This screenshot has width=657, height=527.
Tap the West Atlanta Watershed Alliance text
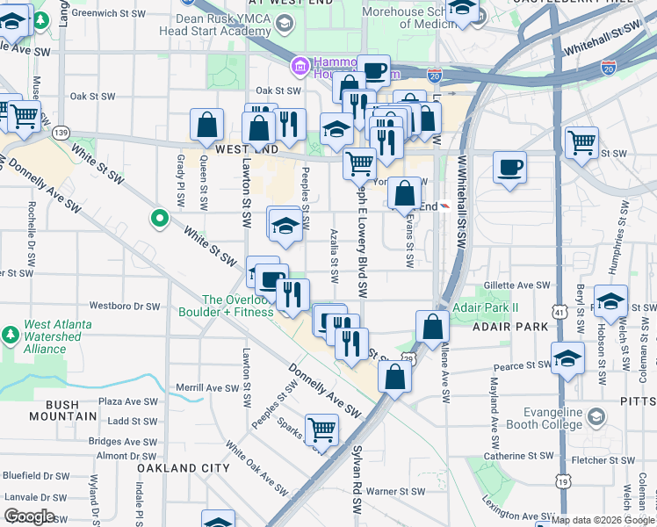coord(58,336)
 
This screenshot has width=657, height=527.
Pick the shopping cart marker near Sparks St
coord(322,429)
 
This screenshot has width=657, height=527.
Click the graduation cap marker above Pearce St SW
coord(568,357)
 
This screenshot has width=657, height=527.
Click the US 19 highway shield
coord(560,481)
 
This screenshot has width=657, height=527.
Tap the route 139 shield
coord(61,132)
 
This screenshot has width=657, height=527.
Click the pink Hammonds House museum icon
coord(299,65)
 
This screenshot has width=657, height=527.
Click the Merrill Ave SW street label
coord(201,387)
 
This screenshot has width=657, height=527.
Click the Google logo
coord(29,516)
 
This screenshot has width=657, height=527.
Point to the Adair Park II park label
coord(486,308)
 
